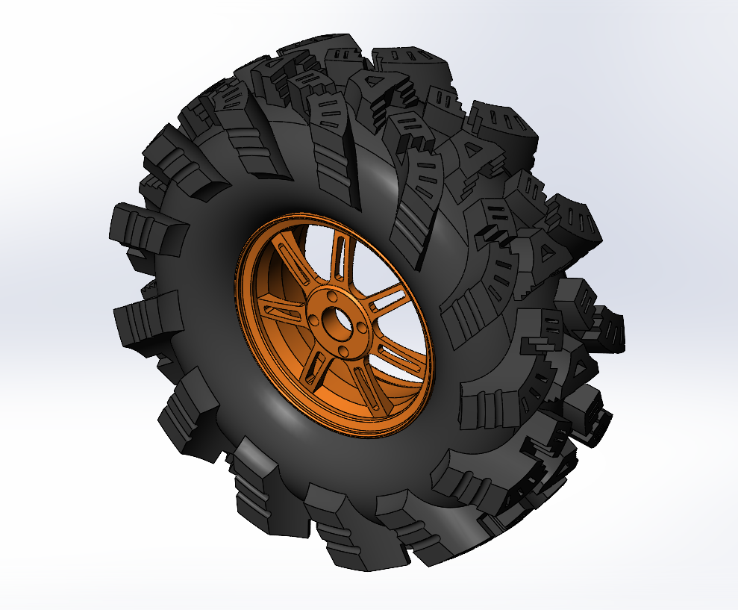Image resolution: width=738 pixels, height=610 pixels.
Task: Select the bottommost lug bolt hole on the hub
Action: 344,351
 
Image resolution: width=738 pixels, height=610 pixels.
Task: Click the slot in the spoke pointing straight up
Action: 340,258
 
